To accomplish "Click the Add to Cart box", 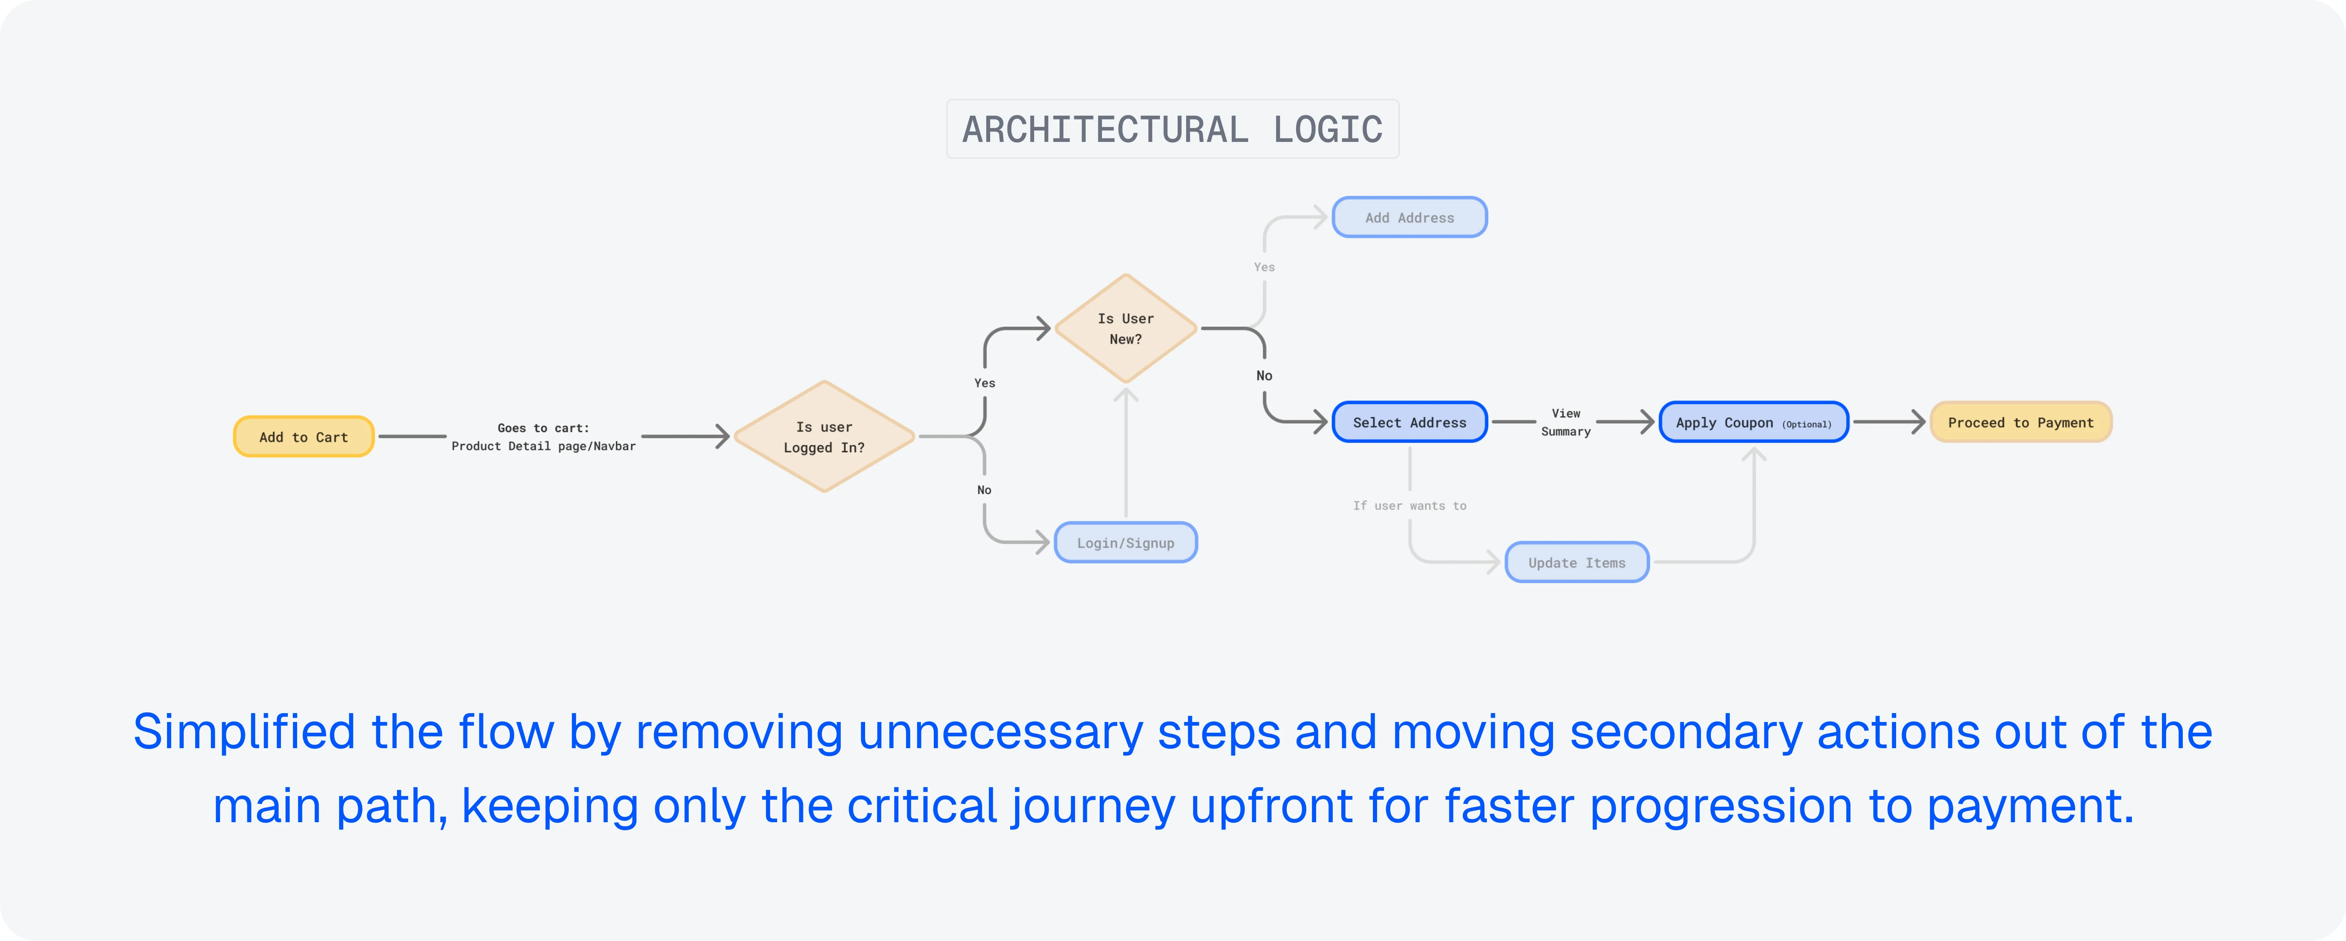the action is click(304, 437).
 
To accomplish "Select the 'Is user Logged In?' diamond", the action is click(824, 437).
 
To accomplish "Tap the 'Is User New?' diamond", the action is click(1126, 329).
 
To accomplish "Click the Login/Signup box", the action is click(1126, 542).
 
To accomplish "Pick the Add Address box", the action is click(1410, 218).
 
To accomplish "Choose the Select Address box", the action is click(1410, 422).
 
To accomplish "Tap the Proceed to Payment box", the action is click(2021, 422).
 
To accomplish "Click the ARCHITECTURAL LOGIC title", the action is click(1173, 129).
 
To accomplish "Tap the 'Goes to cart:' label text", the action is click(544, 428).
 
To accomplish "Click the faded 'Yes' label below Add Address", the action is click(1264, 266).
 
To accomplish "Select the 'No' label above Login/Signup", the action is click(984, 490).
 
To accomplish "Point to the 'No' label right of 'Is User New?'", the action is click(1264, 375).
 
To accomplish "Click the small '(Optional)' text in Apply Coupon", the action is click(1807, 424).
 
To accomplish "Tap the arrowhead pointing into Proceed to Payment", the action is click(1918, 422).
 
